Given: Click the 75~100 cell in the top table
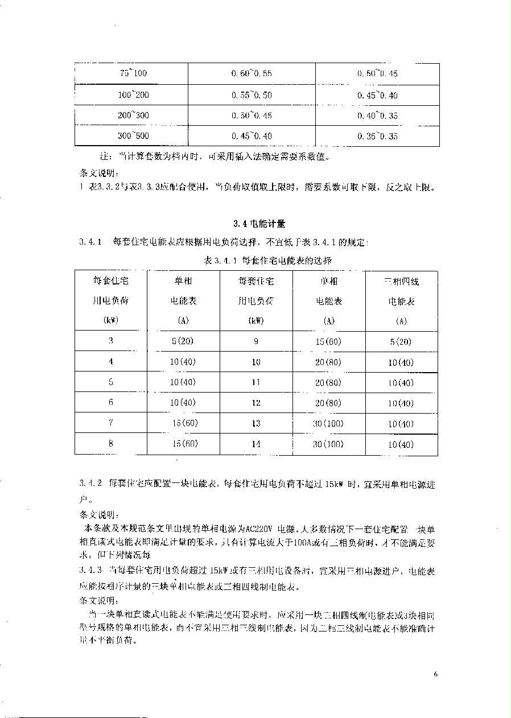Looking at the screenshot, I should click(133, 73).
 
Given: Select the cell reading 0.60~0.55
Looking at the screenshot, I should click(252, 74).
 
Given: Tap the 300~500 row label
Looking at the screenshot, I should click(133, 136).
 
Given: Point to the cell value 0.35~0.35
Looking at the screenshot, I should click(377, 136).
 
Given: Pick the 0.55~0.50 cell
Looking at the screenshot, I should click(252, 95).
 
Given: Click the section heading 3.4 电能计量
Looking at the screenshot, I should click(255, 223).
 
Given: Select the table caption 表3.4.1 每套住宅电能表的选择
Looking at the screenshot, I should click(267, 260).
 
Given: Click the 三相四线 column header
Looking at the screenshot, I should click(402, 282).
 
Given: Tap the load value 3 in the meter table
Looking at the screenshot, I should click(111, 341).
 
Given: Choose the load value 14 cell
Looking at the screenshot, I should click(256, 444).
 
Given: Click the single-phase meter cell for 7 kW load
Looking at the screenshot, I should click(184, 423).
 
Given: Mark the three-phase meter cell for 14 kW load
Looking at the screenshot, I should click(402, 444).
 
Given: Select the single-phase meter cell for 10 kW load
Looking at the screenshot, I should click(329, 362).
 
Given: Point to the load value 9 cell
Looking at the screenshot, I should click(256, 341).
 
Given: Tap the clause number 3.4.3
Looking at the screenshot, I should click(90, 570).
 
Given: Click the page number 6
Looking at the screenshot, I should click(435, 675).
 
